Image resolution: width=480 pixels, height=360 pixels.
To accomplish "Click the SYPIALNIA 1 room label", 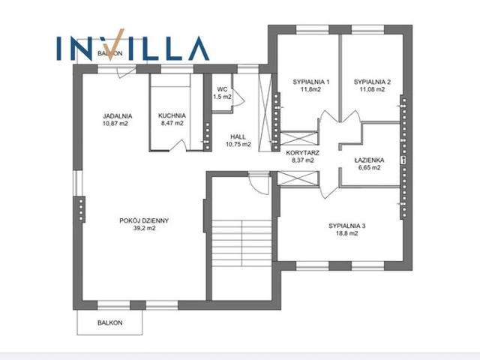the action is (x=311, y=82).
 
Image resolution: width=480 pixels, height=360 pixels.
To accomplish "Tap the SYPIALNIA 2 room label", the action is (x=372, y=82).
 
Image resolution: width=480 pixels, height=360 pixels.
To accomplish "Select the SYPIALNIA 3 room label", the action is (x=347, y=226).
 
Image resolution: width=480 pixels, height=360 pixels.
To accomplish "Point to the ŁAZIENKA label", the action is (x=369, y=160).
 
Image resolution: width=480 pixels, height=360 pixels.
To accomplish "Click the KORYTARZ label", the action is (x=302, y=153).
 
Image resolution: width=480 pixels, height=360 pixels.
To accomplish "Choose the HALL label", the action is (x=238, y=136).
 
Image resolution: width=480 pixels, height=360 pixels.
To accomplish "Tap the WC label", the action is (x=222, y=89).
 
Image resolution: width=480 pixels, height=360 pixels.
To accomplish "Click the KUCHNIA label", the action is (x=172, y=115).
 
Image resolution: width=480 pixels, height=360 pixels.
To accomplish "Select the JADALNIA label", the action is (x=118, y=116).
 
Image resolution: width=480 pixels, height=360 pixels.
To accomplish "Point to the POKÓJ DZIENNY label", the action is (x=144, y=220).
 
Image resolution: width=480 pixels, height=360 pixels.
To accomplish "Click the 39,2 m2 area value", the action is (x=145, y=228).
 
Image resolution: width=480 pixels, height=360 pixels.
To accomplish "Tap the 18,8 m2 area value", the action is (x=347, y=233).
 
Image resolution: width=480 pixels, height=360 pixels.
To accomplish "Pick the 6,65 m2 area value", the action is (x=370, y=167).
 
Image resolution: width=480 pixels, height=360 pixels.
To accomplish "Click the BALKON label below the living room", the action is (x=110, y=322).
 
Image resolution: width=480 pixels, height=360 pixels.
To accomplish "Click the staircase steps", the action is (x=241, y=243).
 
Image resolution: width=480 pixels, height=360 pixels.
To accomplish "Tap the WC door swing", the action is (x=238, y=97).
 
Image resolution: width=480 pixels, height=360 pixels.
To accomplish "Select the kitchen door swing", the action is (x=178, y=145).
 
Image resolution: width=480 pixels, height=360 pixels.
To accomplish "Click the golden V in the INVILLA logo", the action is (x=115, y=45).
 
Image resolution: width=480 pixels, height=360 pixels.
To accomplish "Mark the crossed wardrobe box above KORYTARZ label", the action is (x=299, y=138).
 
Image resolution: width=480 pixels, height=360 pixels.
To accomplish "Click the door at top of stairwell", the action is (x=259, y=183).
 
